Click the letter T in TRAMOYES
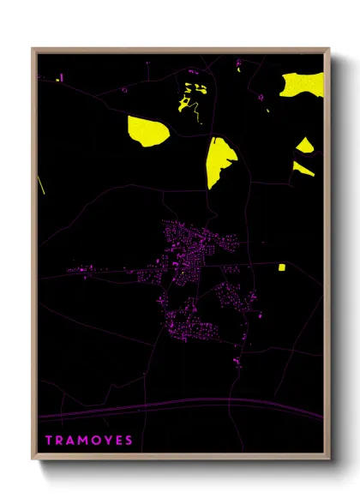48,441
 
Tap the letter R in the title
60,441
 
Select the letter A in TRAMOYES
72,441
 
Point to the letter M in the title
85,441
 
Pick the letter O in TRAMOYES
98,441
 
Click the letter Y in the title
109,441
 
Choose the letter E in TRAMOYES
119,441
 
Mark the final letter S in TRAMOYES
129,441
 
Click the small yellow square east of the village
282,267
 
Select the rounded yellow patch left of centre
145,131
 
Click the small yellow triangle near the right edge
306,145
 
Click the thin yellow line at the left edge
41,184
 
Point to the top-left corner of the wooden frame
33,49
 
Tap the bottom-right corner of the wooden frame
329,460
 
